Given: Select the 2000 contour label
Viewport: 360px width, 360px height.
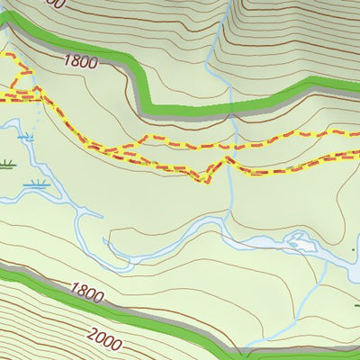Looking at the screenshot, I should (x=105, y=338).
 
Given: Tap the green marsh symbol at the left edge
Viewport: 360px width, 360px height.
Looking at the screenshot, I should (x=7, y=165).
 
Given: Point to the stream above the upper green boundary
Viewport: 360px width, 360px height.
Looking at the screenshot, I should (x=212, y=54).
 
